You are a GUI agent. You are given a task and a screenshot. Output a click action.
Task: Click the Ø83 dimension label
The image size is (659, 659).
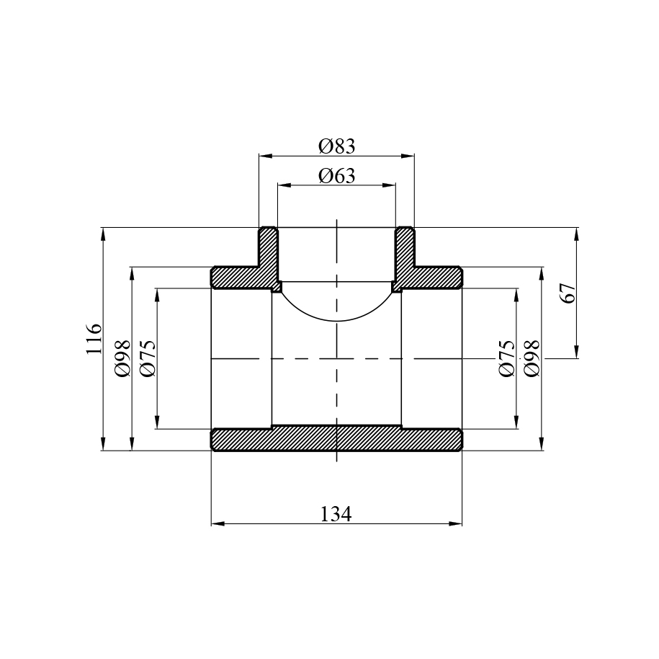336,146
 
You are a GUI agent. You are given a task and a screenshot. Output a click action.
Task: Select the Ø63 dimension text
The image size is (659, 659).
336,175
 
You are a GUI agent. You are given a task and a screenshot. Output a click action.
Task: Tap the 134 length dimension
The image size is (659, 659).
336,514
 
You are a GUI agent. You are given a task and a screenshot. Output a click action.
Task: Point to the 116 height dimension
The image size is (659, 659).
94,339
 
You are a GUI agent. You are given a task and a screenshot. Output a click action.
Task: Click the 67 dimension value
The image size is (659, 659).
568,293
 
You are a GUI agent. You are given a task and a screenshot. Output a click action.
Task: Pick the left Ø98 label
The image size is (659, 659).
122,358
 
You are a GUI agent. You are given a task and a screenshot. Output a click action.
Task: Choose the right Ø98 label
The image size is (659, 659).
532,358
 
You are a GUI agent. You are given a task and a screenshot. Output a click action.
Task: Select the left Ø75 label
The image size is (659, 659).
148,358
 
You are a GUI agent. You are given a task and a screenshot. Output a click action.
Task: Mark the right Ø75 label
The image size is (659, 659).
506,358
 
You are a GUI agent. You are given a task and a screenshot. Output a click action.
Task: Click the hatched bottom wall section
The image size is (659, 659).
336,439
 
